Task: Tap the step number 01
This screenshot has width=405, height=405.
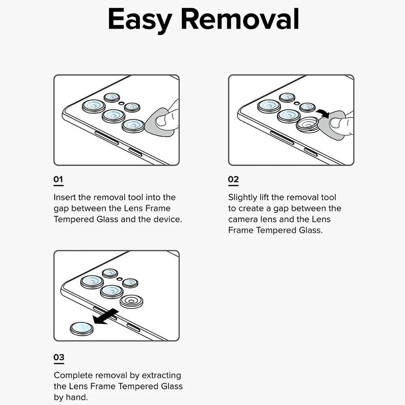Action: click(x=59, y=179)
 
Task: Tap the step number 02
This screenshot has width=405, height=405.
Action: click(x=233, y=179)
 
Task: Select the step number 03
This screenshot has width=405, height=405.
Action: click(x=59, y=358)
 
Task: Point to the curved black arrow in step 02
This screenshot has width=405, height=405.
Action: click(x=323, y=113)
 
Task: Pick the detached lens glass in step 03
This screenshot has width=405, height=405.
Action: click(x=81, y=328)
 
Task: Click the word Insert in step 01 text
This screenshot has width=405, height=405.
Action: click(x=64, y=198)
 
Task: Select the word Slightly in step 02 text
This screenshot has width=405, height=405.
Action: click(x=243, y=198)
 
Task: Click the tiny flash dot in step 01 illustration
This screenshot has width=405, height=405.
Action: click(x=122, y=103)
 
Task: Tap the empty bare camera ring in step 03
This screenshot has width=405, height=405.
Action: click(x=131, y=301)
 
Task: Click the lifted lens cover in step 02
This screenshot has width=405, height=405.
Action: click(x=307, y=124)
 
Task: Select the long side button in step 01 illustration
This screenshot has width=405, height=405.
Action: click(x=107, y=138)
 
